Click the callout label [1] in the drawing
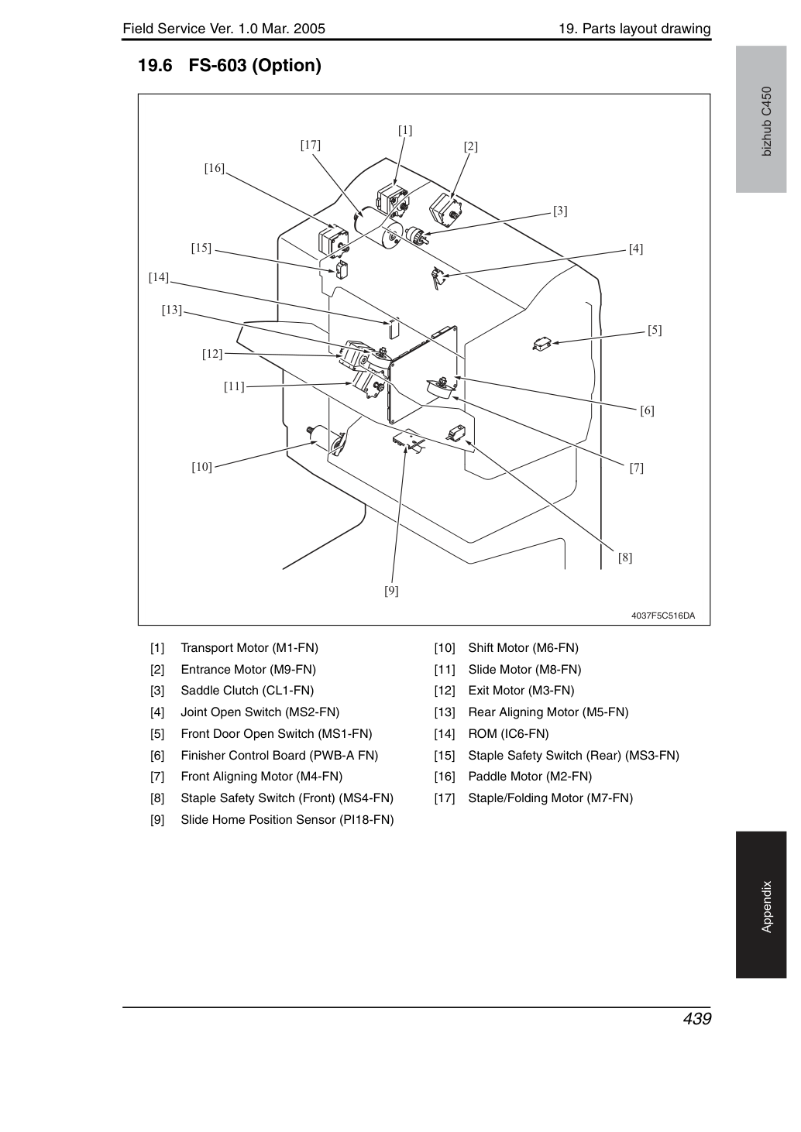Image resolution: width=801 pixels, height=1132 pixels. [405, 130]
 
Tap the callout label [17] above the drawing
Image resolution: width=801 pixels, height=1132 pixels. [311, 145]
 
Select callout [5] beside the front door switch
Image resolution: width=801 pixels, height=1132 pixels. [655, 330]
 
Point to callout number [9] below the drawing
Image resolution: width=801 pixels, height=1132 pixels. [391, 591]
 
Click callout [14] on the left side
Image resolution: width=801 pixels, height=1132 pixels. [159, 277]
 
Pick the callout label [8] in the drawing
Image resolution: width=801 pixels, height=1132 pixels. [625, 557]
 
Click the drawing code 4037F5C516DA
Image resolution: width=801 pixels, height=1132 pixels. [663, 616]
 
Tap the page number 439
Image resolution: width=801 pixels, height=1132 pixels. [697, 1018]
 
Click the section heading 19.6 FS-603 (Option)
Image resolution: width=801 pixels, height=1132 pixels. [230, 66]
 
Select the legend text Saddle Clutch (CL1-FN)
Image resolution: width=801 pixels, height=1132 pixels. [247, 691]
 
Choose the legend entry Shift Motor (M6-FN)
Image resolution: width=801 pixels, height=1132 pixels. [524, 648]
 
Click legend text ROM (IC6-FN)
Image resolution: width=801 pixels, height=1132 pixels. [509, 733]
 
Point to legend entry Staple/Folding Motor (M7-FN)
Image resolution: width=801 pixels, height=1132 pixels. [551, 798]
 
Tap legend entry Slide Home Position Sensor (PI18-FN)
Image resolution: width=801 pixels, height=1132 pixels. [287, 820]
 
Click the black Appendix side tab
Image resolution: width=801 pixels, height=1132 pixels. [761, 904]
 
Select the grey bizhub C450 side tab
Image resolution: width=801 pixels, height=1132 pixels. [761, 119]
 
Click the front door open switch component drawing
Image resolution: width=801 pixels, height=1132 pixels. [542, 344]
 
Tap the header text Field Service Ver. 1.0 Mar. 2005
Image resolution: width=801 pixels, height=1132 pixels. [224, 29]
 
